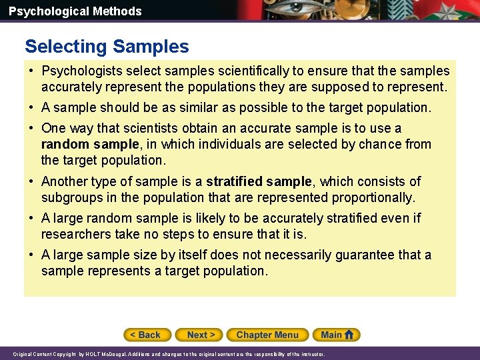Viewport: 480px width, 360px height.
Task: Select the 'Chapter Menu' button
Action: pyautogui.click(x=267, y=335)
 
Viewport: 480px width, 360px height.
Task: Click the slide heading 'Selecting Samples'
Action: pyautogui.click(x=107, y=47)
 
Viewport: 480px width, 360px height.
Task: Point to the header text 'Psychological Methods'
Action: pyautogui.click(x=75, y=11)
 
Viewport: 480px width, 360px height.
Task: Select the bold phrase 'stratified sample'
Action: pyautogui.click(x=259, y=181)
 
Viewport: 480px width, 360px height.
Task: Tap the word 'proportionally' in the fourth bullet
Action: pyautogui.click(x=374, y=197)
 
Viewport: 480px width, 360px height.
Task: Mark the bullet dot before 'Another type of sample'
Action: pyautogui.click(x=32, y=181)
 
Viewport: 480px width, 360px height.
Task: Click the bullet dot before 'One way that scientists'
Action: pyautogui.click(x=32, y=128)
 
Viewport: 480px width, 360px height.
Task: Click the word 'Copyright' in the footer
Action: pyautogui.click(x=58, y=354)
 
